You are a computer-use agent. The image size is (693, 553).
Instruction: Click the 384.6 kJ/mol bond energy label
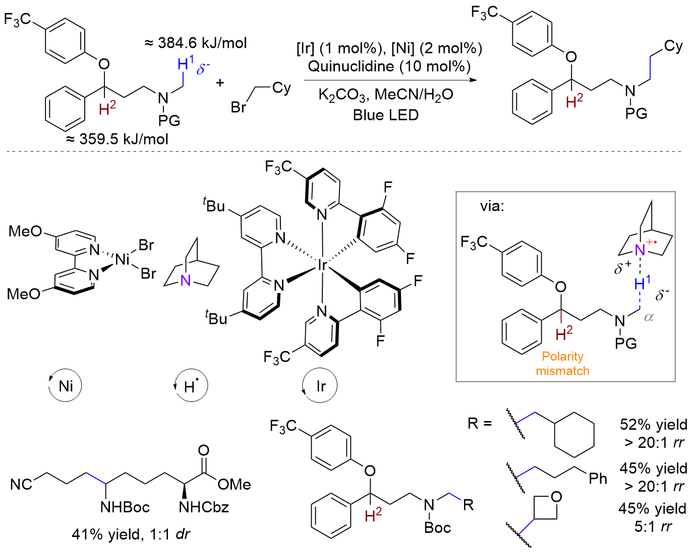click(x=196, y=43)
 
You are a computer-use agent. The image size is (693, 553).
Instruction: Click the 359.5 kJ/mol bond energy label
click(x=117, y=139)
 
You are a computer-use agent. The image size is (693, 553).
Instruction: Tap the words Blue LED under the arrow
click(x=386, y=115)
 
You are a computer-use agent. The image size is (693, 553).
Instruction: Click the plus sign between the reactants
click(x=220, y=83)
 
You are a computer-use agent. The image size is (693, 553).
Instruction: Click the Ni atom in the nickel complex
click(x=123, y=260)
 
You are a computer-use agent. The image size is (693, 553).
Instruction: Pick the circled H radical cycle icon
click(x=191, y=386)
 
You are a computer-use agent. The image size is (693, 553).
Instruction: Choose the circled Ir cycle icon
click(x=320, y=386)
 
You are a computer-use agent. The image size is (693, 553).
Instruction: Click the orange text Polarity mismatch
click(x=562, y=364)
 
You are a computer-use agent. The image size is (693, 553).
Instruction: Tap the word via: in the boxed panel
click(x=492, y=206)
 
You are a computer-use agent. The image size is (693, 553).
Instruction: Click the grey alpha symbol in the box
click(x=649, y=317)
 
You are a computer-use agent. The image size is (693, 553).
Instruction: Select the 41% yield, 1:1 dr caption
click(x=131, y=534)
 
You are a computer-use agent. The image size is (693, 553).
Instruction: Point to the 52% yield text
click(x=653, y=425)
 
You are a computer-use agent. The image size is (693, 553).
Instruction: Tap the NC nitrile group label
click(x=21, y=485)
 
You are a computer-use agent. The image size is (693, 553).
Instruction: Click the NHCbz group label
click(x=204, y=507)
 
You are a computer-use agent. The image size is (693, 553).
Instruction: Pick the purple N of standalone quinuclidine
click(x=186, y=281)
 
